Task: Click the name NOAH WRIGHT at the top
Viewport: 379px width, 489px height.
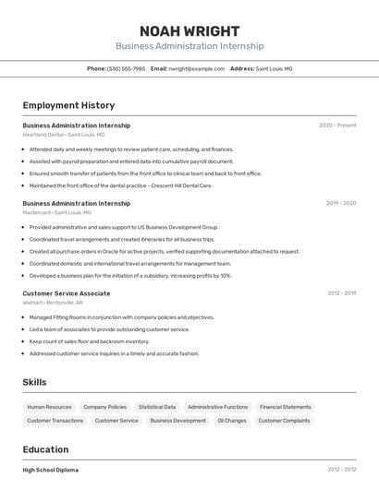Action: tap(189, 31)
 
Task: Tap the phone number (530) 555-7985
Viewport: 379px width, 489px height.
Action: tap(126, 68)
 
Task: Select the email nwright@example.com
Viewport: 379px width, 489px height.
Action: tap(197, 68)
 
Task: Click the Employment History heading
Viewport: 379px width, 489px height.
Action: tap(68, 105)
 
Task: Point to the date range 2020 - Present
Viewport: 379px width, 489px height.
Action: tap(337, 125)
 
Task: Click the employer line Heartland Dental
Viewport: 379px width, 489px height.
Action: tap(58, 135)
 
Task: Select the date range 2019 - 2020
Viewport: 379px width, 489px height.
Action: tap(341, 203)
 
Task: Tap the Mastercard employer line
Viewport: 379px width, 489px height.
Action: tap(56, 212)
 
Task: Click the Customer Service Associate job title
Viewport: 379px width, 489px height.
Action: tap(67, 293)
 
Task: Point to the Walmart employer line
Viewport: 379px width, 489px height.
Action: tap(53, 303)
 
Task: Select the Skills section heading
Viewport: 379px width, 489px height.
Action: tap(34, 382)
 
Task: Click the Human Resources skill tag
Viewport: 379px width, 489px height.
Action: tap(49, 407)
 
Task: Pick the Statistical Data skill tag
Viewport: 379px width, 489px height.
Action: tap(157, 407)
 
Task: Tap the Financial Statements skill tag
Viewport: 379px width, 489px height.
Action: tap(285, 407)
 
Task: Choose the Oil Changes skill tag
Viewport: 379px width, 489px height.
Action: tap(231, 421)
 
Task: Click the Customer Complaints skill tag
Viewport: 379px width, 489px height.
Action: tap(284, 421)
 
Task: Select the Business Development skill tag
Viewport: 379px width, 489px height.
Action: tap(178, 421)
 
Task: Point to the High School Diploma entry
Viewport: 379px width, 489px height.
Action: tap(51, 470)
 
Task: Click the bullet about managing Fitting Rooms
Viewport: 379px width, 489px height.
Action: tap(122, 317)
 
